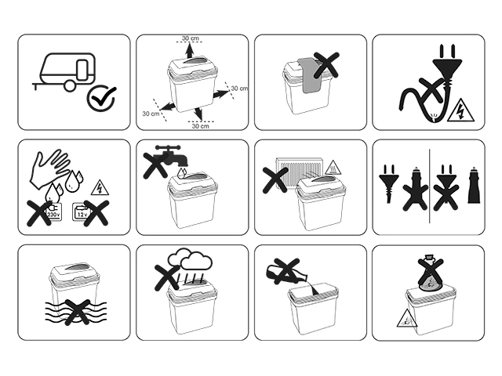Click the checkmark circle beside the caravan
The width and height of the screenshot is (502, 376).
(101, 99)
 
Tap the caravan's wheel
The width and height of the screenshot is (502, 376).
(70, 86)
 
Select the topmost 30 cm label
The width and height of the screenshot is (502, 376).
(191, 38)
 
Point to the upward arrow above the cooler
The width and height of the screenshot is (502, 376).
(190, 50)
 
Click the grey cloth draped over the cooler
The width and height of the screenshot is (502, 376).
(310, 76)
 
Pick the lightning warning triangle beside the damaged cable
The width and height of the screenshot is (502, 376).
(460, 110)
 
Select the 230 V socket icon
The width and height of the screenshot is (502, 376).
(53, 211)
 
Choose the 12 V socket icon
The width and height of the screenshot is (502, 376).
(82, 211)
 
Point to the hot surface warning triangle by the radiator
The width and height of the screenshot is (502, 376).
(333, 168)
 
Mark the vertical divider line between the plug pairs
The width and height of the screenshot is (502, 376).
(430, 186)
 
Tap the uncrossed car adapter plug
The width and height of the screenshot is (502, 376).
(474, 186)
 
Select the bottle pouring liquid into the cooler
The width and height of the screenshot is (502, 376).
(286, 273)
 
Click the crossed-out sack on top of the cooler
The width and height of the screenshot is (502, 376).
(431, 273)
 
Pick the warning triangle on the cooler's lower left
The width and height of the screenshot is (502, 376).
(406, 319)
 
